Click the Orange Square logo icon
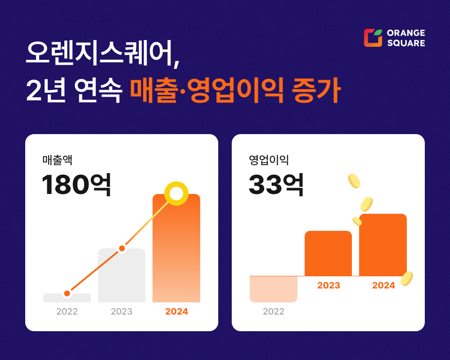373,38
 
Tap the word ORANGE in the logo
406,33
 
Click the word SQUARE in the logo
406,43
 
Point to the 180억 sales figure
76,184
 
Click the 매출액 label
57,160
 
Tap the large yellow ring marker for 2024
176,193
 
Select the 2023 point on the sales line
121,248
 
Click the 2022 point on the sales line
67,293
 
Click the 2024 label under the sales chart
176,311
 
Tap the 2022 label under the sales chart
67,311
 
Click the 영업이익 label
268,160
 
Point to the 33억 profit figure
276,184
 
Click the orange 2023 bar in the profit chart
328,253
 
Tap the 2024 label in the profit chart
383,285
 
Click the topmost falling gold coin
354,181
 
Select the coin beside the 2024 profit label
406,279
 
